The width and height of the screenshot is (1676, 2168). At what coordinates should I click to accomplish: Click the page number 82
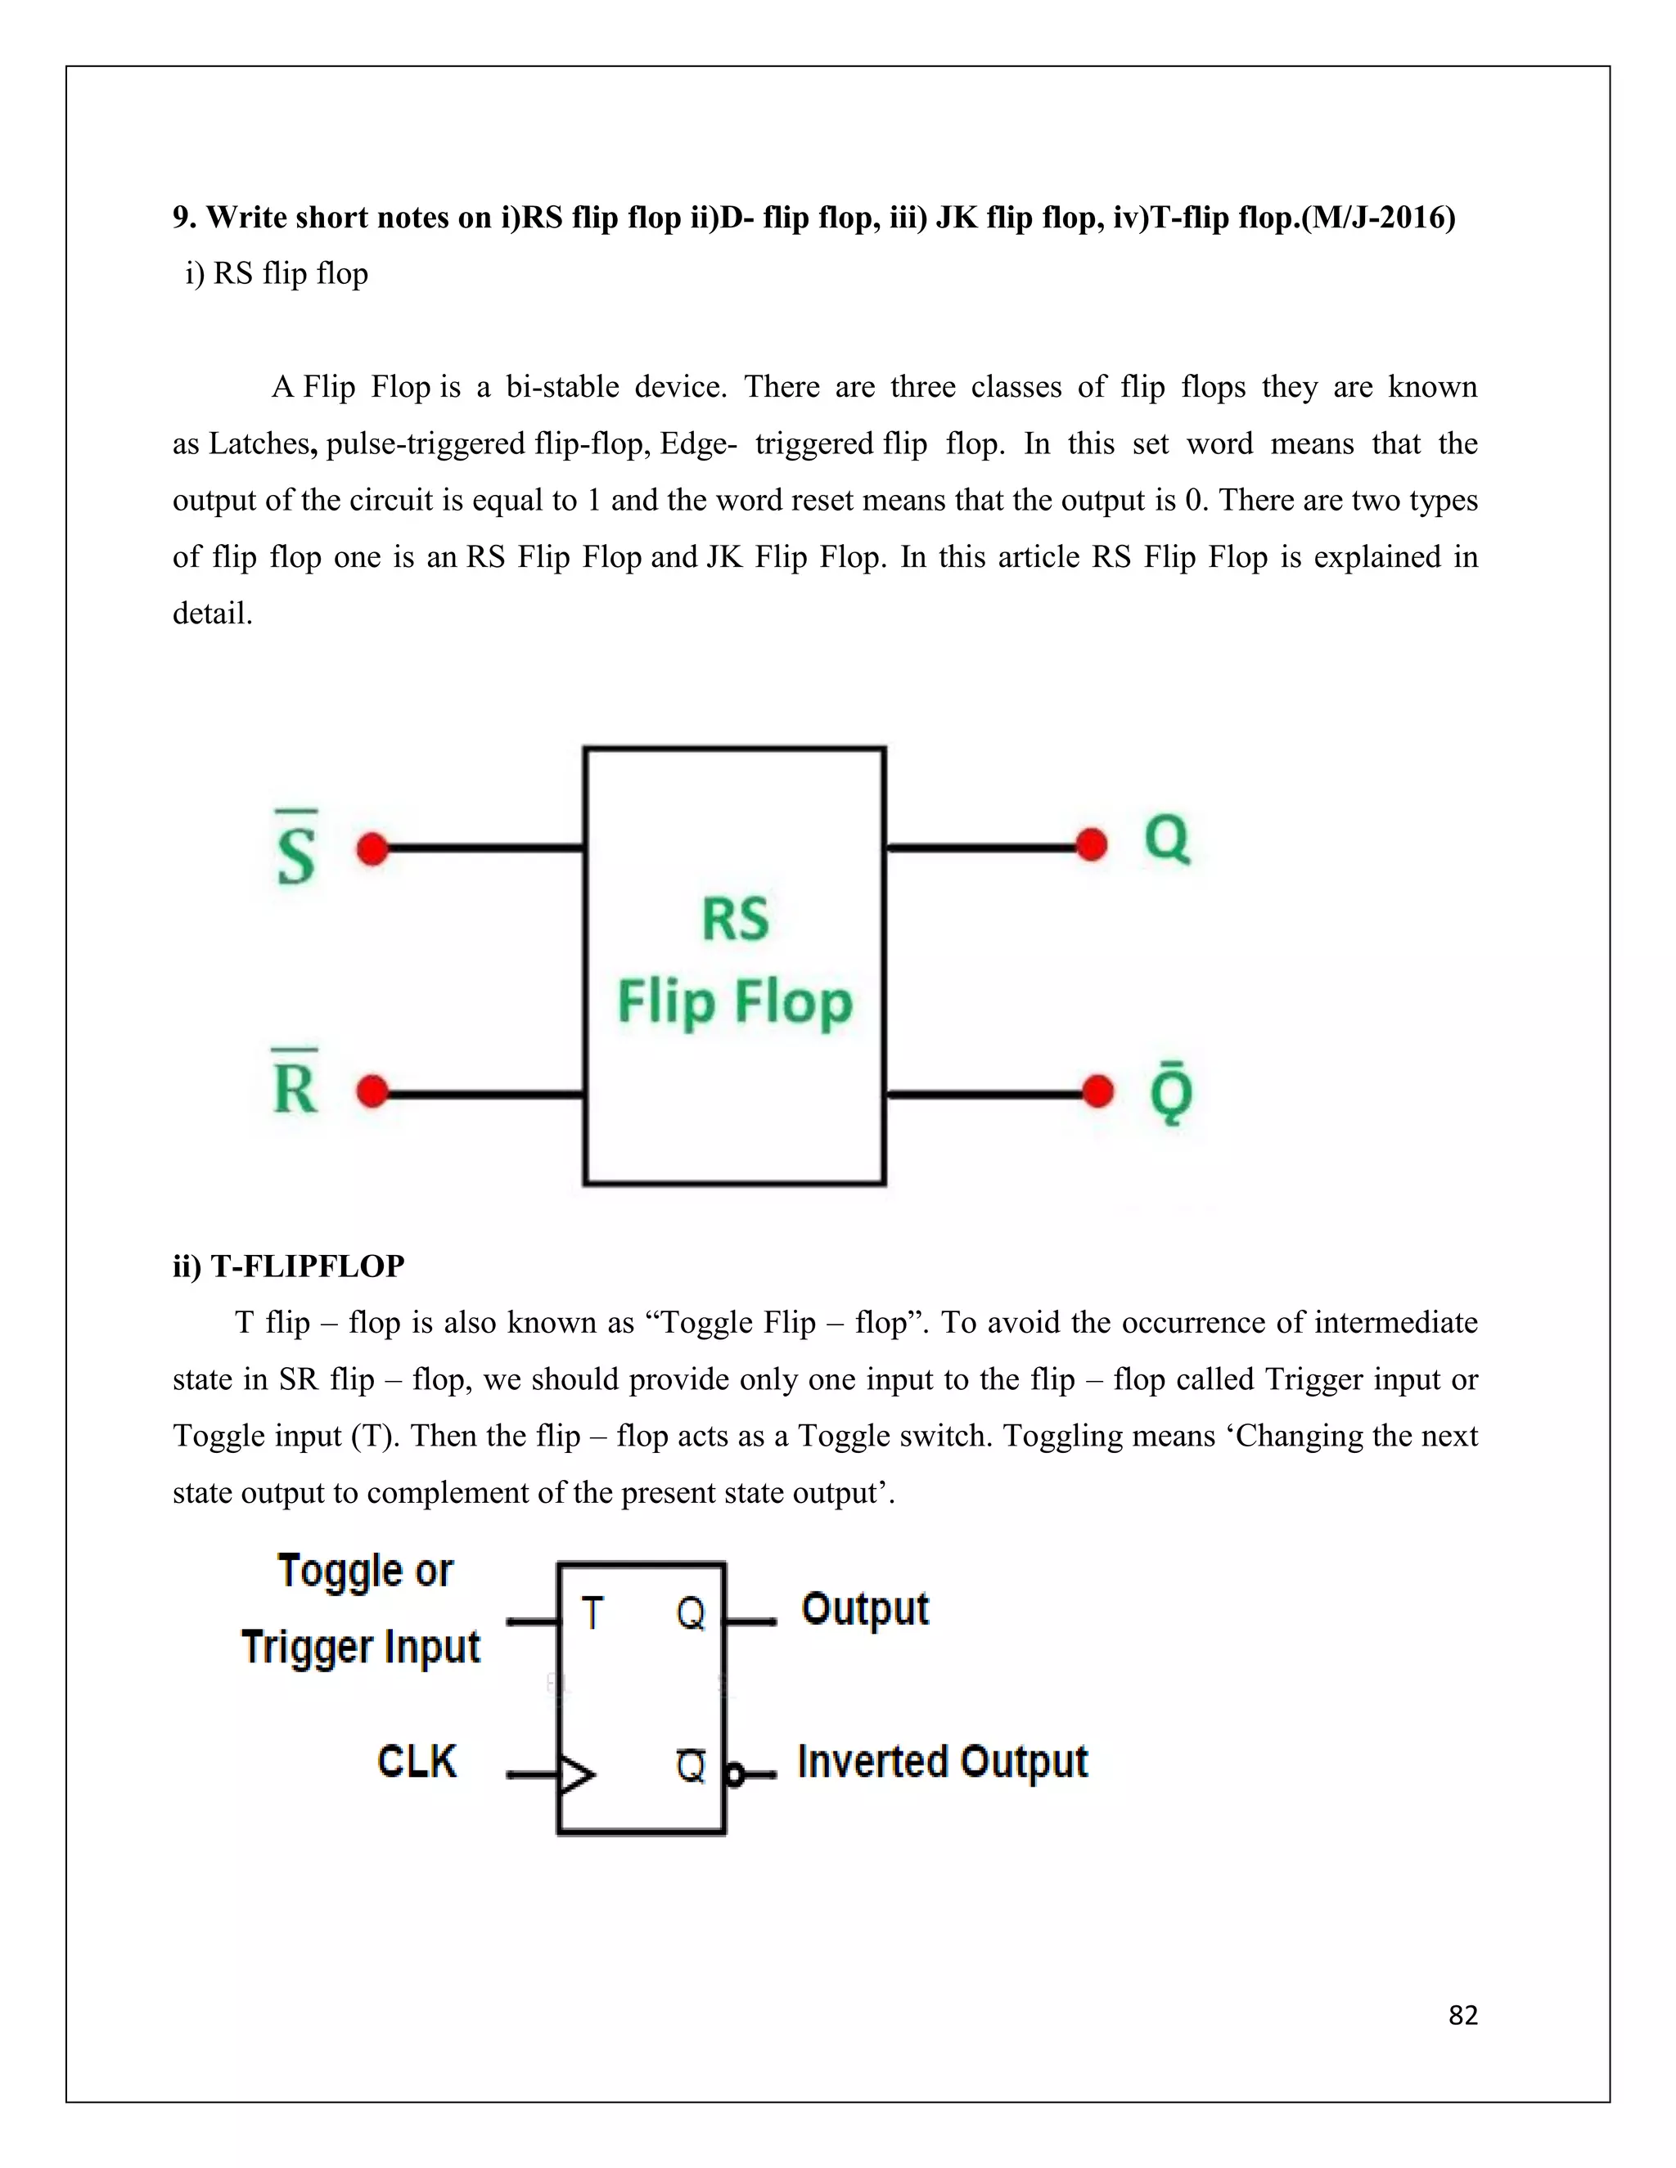(x=1462, y=2014)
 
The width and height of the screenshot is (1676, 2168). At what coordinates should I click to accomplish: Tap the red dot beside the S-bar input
(x=372, y=848)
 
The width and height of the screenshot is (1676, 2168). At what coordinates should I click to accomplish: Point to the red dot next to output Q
(x=1091, y=845)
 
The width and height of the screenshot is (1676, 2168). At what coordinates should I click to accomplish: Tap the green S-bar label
(x=296, y=850)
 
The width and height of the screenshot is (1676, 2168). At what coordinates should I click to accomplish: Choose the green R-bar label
(x=295, y=1084)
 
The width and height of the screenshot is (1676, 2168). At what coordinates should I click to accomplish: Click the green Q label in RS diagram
(x=1167, y=840)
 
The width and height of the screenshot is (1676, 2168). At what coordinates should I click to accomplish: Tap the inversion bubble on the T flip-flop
(x=735, y=1774)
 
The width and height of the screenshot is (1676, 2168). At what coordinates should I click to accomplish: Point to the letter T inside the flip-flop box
(x=592, y=1613)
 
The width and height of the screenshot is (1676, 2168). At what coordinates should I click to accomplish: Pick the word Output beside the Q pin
(x=865, y=1609)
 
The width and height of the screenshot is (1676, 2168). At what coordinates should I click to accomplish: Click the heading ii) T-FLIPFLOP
(x=289, y=1266)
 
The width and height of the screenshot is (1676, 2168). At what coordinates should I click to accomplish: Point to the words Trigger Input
(x=360, y=1647)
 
